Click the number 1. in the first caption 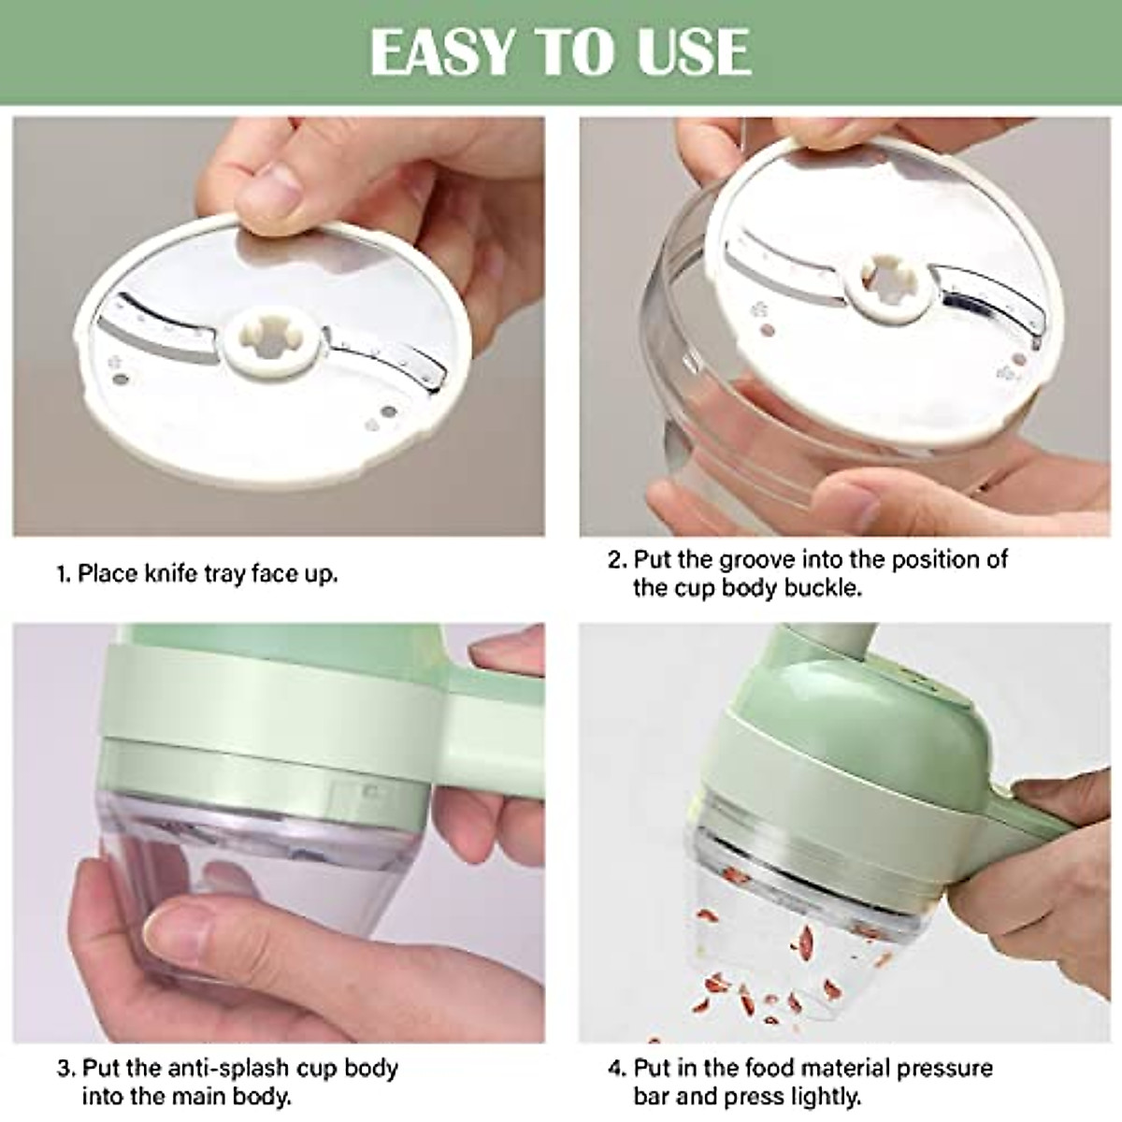pos(64,573)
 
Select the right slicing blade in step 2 pos(982,299)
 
